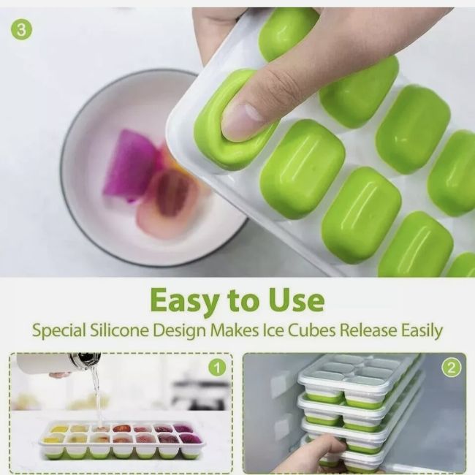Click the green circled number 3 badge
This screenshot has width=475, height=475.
[21, 30]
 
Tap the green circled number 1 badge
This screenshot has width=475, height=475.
[217, 368]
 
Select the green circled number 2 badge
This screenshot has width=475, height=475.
[451, 368]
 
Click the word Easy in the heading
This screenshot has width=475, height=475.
[185, 301]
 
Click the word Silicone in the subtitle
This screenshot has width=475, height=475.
[119, 330]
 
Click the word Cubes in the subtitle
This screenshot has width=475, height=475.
[311, 330]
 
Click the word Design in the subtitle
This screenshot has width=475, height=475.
[179, 331]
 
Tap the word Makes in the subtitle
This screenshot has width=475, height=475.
[235, 330]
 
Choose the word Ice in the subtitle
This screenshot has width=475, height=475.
[273, 330]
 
